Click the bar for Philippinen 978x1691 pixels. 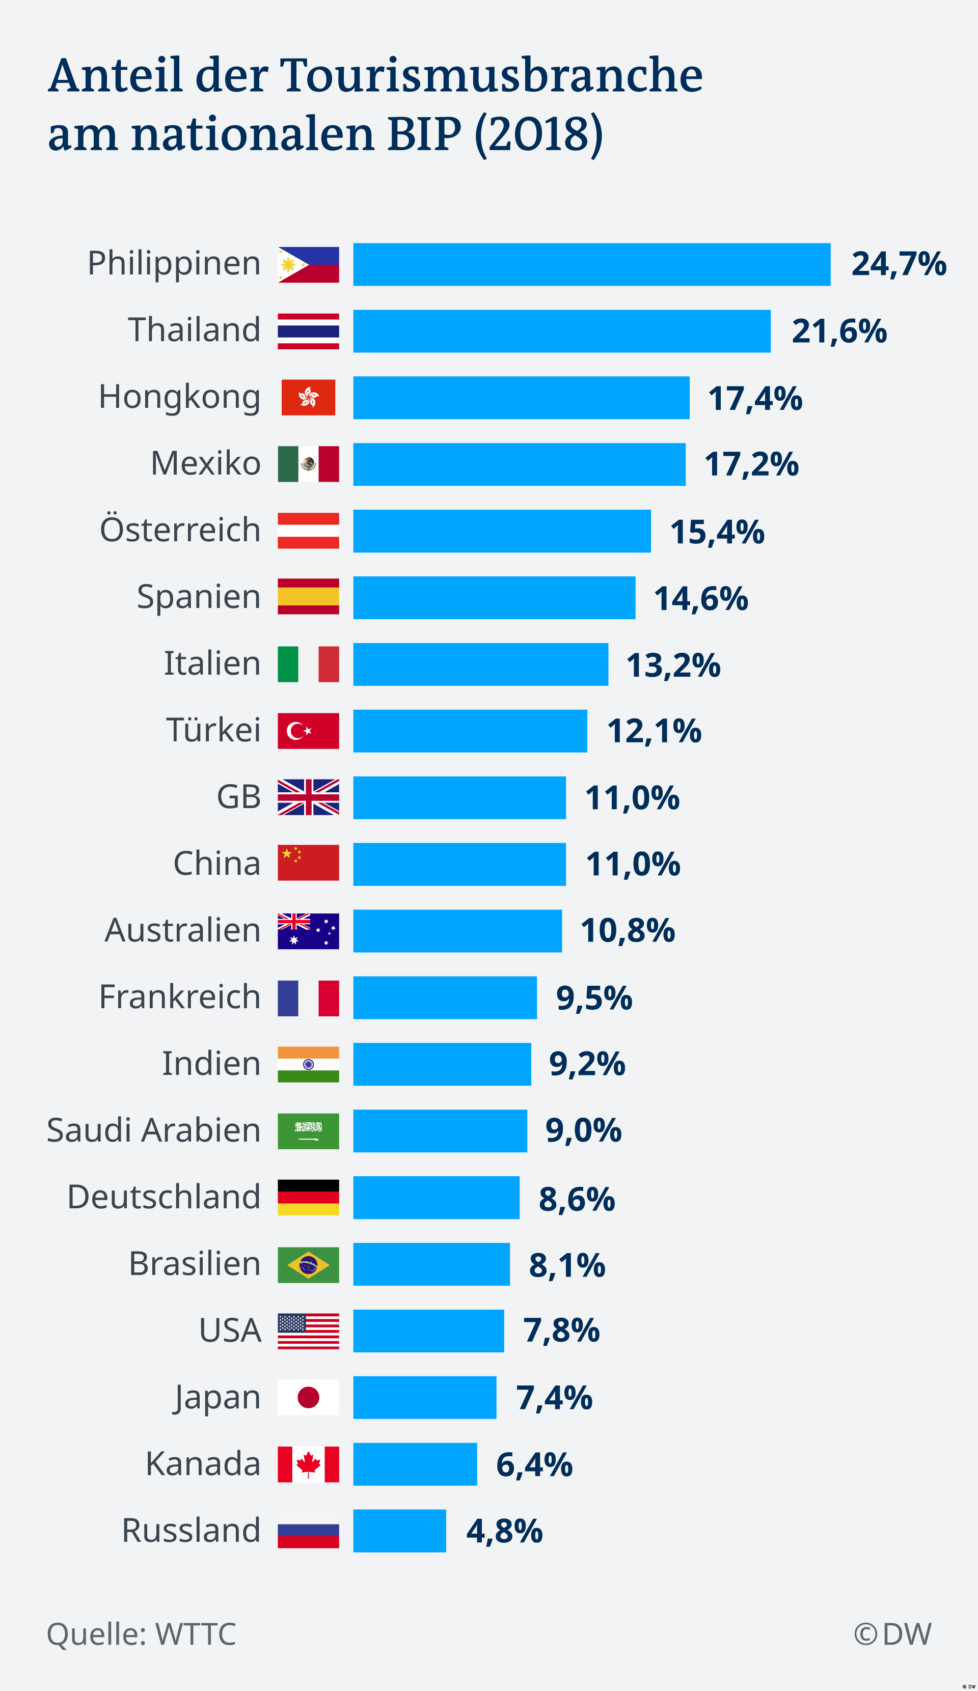click(x=591, y=264)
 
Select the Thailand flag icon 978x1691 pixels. click(x=308, y=331)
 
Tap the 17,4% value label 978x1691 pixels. click(x=754, y=399)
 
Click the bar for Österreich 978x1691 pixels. click(x=501, y=531)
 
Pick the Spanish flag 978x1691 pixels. click(x=308, y=597)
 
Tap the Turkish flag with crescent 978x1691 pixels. click(x=308, y=731)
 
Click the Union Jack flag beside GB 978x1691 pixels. click(x=308, y=797)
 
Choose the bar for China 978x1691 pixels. click(x=459, y=864)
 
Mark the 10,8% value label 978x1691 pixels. click(x=627, y=931)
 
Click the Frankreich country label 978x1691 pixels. click(x=179, y=996)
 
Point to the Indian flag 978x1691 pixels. click(x=308, y=1064)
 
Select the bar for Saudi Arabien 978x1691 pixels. click(x=440, y=1131)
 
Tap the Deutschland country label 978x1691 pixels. click(x=164, y=1197)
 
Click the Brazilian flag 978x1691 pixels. click(x=308, y=1265)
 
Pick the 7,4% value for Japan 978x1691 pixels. click(x=554, y=1398)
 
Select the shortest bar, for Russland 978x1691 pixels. click(x=399, y=1531)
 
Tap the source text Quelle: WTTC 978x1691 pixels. click(x=141, y=1634)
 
